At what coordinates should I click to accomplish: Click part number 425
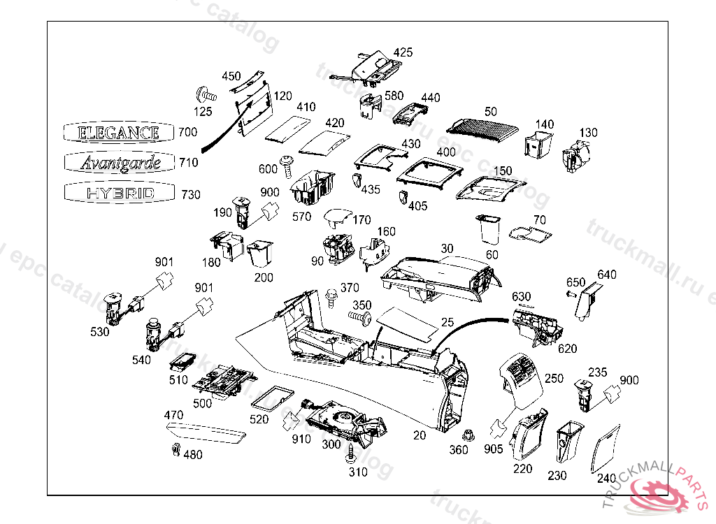403,52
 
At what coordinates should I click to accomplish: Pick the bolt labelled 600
287,163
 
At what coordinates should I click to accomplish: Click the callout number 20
419,435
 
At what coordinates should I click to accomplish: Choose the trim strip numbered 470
206,434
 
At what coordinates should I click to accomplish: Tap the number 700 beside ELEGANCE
187,132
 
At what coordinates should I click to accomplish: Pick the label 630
522,297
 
